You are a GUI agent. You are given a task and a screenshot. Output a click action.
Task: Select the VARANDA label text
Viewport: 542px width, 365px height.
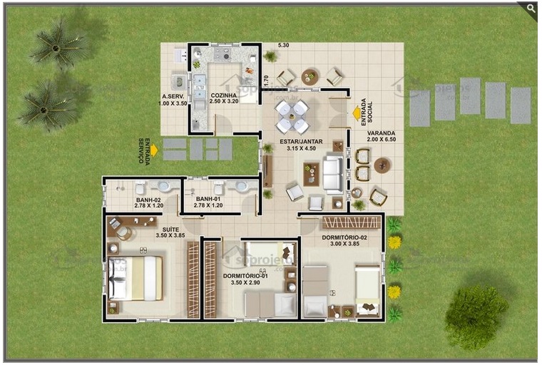[381, 133]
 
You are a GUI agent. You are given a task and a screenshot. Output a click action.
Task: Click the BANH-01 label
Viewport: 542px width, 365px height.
[208, 199]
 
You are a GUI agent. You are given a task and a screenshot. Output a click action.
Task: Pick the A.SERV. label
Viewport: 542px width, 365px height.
[174, 96]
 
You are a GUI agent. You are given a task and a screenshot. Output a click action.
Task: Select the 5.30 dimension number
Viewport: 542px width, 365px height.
[283, 46]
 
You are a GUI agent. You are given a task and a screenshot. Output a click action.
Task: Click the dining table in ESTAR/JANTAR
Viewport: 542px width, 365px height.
[292, 116]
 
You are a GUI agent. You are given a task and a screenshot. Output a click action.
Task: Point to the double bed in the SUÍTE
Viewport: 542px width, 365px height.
[135, 278]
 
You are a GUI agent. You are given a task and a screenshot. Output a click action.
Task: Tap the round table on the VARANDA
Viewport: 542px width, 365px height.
[382, 165]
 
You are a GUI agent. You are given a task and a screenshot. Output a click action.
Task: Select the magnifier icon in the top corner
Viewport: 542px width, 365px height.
[531, 8]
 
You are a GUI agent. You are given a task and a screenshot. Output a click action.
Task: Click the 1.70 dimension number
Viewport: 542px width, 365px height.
[265, 81]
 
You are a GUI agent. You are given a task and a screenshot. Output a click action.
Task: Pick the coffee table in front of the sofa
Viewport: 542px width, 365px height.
[311, 173]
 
